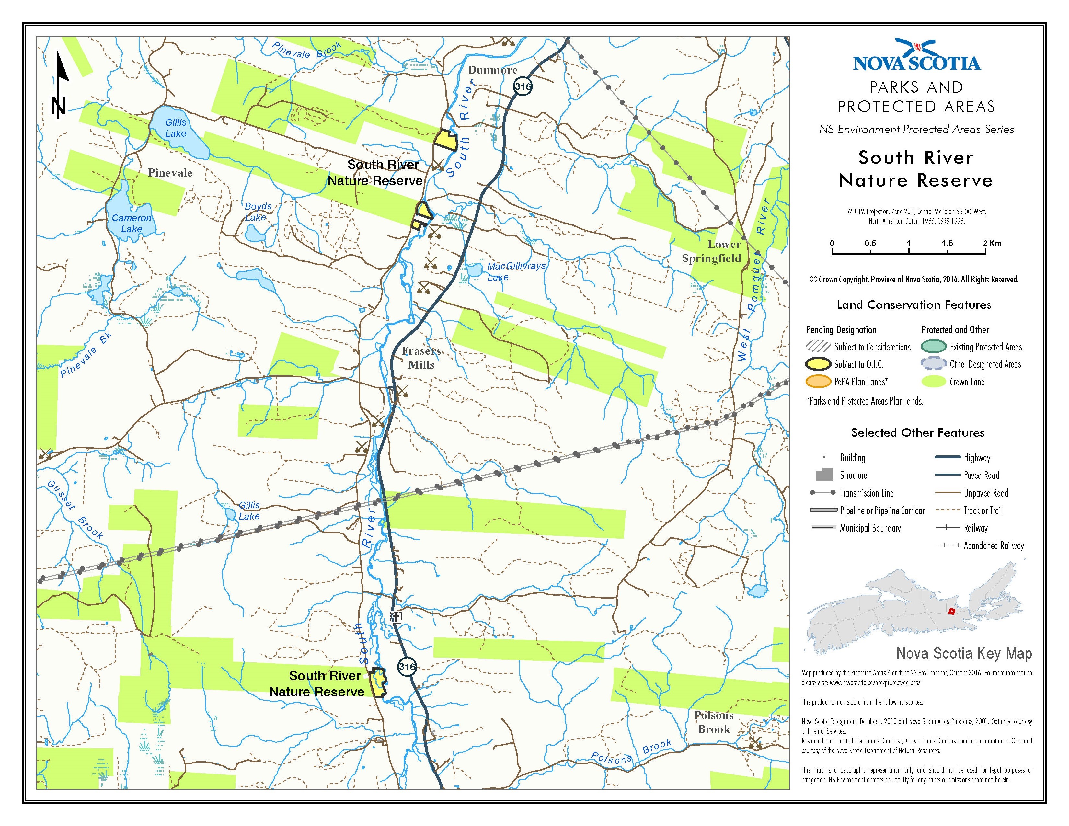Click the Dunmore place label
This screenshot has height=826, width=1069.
click(x=492, y=70)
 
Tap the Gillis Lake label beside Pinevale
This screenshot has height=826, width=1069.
click(x=176, y=128)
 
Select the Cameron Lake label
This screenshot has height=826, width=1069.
click(x=132, y=223)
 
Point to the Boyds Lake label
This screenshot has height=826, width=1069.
click(x=258, y=212)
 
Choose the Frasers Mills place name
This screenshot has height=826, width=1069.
click(x=421, y=358)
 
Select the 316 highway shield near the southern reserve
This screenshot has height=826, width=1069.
click(x=407, y=667)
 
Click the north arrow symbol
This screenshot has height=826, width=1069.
click(x=60, y=86)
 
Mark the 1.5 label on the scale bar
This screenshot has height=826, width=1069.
click(x=947, y=243)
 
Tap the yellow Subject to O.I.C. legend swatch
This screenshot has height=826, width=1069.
click(x=818, y=364)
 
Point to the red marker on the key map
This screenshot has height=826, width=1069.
click(x=951, y=611)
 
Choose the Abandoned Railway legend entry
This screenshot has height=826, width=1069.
click(x=993, y=545)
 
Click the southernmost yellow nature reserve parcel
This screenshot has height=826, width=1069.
click(x=378, y=682)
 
